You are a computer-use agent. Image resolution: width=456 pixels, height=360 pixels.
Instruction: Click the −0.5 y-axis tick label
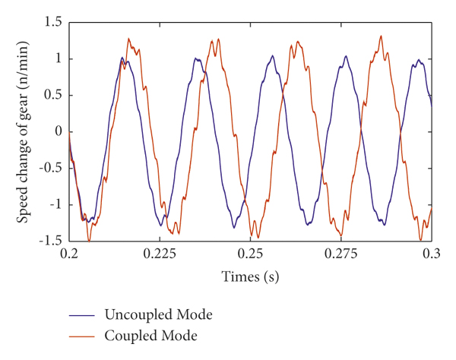pos(49,168)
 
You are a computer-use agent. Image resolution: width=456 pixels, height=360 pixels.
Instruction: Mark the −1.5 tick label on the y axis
pos(49,241)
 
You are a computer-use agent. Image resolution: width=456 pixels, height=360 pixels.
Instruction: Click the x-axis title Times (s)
pos(251,277)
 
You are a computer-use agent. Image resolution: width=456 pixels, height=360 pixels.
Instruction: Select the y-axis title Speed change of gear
pos(24,131)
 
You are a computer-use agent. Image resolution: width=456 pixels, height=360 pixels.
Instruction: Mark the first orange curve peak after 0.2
pos(128,39)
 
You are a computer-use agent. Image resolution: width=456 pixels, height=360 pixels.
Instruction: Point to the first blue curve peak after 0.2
pos(122,58)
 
